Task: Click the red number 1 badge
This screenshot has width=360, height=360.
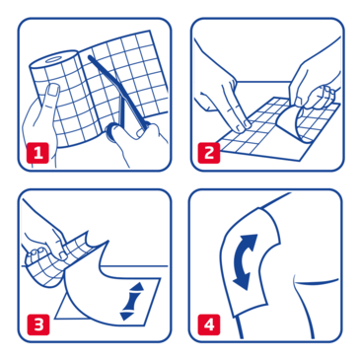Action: [x=36, y=152]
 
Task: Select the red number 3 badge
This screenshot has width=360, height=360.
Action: [x=36, y=322]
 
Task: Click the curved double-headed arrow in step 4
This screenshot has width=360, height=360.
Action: [x=244, y=260]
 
